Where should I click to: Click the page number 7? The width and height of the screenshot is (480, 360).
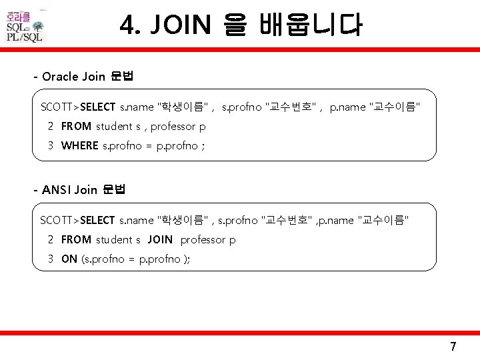453,347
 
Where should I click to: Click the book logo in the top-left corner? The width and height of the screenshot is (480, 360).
25,25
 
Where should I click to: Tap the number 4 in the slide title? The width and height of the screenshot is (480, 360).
127,26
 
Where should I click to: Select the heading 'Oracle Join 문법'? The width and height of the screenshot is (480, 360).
87,76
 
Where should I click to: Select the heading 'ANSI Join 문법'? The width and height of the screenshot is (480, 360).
83,190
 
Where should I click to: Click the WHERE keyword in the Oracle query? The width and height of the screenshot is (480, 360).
79,146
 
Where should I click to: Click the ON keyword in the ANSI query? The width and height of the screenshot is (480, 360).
69,259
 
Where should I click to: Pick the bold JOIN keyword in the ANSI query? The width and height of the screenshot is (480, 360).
160,240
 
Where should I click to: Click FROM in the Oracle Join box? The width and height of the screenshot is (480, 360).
76,126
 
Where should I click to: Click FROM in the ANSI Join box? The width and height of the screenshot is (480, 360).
76,240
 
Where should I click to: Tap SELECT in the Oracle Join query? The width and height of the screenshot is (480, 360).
97,107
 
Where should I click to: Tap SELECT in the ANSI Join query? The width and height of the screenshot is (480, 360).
97,220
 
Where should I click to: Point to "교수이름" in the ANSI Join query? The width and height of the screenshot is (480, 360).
383,220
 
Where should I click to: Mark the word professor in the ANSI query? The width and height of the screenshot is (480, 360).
203,240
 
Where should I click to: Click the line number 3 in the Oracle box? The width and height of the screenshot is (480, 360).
51,146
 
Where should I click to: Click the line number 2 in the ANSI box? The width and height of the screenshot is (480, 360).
51,240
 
